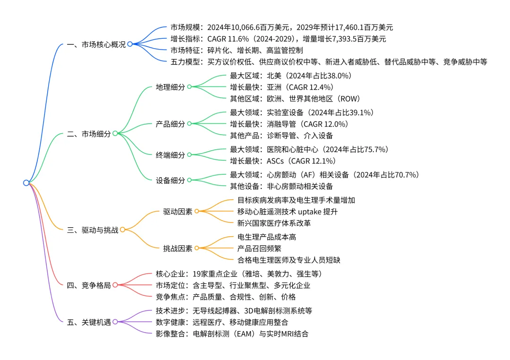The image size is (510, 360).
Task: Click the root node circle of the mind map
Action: [x=26, y=183]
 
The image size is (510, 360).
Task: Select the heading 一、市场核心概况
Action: [x=96, y=44]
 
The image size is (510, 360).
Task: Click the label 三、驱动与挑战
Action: [x=93, y=230]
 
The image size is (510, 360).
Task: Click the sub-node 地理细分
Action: [x=170, y=87]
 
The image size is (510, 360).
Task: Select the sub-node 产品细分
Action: [x=170, y=124]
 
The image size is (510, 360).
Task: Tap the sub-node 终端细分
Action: [x=170, y=155]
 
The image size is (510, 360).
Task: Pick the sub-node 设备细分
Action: [x=170, y=180]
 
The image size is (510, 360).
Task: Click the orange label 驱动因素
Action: [x=178, y=211]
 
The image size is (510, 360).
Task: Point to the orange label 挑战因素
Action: [x=178, y=248]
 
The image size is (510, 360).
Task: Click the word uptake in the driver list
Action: [x=309, y=211]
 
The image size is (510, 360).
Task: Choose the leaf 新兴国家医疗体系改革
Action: [x=274, y=223]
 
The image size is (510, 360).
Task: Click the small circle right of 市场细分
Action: [x=115, y=134]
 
